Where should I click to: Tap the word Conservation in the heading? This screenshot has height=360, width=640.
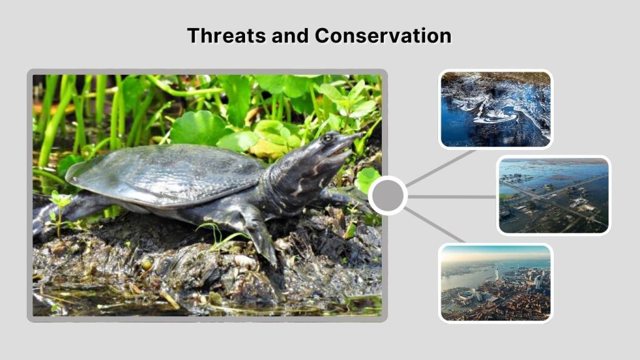pyautogui.click(x=382, y=36)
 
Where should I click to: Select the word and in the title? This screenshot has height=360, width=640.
pyautogui.click(x=291, y=36)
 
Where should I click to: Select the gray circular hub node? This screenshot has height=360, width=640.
pyautogui.click(x=387, y=196)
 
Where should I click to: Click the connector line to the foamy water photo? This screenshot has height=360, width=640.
pyautogui.click(x=441, y=167)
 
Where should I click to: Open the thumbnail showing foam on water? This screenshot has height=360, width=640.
pyautogui.click(x=496, y=109)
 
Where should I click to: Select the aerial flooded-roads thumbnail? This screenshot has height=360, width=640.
pyautogui.click(x=553, y=196)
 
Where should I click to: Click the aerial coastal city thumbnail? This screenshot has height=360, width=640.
pyautogui.click(x=496, y=282)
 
